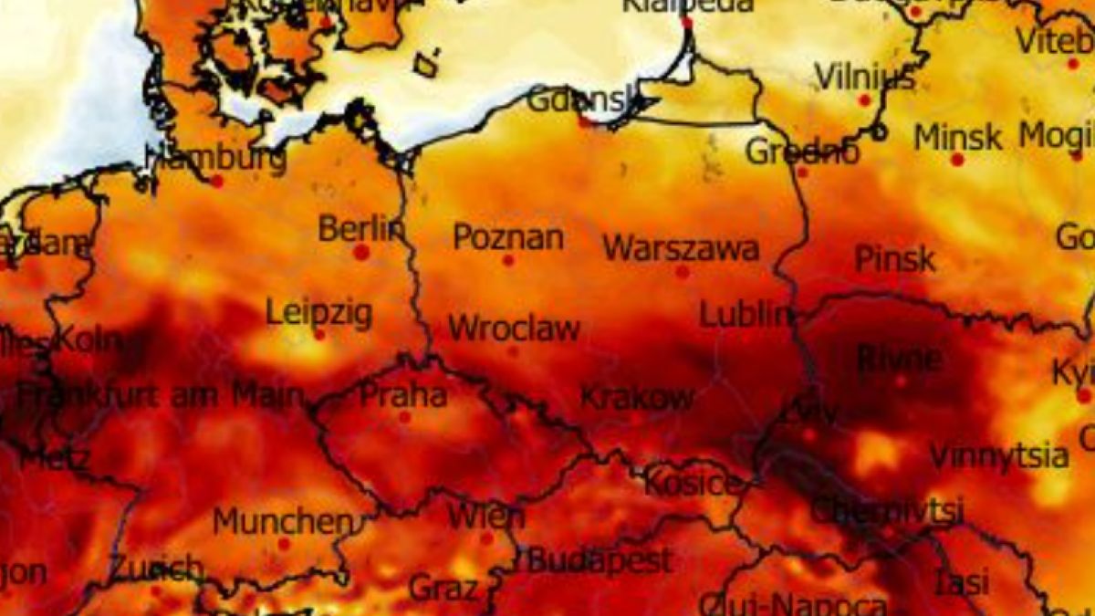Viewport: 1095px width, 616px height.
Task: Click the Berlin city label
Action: tap(361, 228)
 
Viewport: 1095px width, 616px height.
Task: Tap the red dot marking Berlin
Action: tap(361, 252)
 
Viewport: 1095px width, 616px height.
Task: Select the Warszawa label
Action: tap(681, 248)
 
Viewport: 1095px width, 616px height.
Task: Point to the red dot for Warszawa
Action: tap(683, 272)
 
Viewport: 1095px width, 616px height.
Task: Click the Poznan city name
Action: tap(508, 238)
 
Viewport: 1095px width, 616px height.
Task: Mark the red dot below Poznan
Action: tap(508, 260)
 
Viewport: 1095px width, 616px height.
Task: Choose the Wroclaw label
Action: tap(514, 329)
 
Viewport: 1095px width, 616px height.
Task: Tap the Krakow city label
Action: tap(637, 398)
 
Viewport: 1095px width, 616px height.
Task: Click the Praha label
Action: tap(403, 395)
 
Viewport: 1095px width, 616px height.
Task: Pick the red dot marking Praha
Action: tap(404, 417)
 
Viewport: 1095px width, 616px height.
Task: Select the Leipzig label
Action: tap(318, 313)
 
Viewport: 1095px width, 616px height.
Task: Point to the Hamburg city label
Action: tap(216, 159)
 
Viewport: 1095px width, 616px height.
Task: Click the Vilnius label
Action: tap(864, 77)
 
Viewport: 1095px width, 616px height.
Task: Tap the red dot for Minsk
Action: tap(957, 160)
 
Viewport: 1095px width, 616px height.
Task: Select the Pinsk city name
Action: tap(895, 259)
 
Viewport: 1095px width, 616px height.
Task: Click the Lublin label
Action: tap(746, 315)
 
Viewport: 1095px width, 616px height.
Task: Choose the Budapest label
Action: tap(600, 560)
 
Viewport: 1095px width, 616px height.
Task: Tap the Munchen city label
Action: tap(283, 522)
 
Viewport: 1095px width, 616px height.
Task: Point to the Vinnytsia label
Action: tap(999, 455)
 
